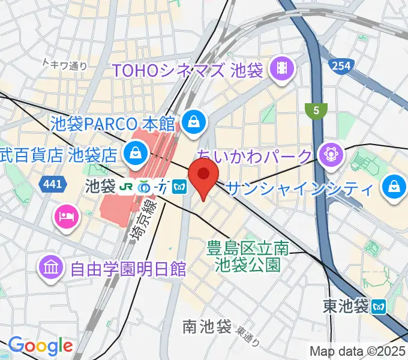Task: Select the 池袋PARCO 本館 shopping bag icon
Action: pyautogui.click(x=194, y=124)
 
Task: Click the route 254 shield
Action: pyautogui.click(x=341, y=65)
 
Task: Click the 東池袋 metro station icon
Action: pyautogui.click(x=379, y=306)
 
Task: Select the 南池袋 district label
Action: pyautogui.click(x=207, y=327)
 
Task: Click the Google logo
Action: pyautogui.click(x=40, y=346)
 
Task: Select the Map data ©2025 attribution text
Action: pyautogui.click(x=358, y=351)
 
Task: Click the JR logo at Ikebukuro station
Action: pyautogui.click(x=126, y=187)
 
